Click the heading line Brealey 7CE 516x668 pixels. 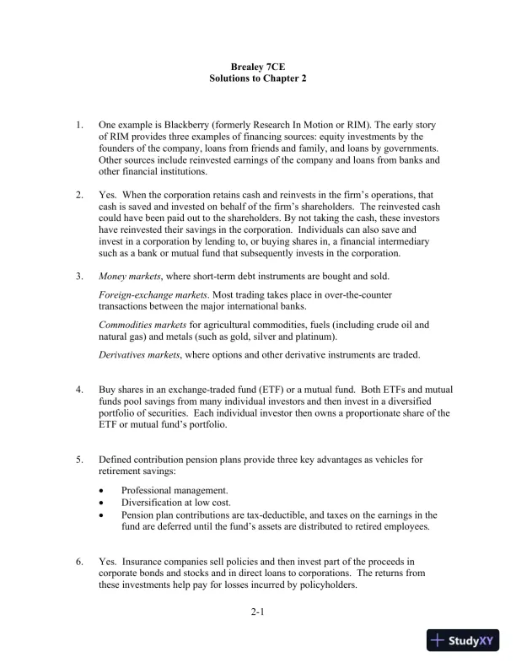tap(258, 65)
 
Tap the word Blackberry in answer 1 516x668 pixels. tap(197, 125)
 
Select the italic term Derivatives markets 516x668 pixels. tap(139, 354)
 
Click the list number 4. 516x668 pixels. tap(79, 390)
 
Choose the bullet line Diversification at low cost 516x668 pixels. tap(175, 502)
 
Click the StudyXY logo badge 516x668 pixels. tap(463, 640)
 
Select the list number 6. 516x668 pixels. tap(79, 561)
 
